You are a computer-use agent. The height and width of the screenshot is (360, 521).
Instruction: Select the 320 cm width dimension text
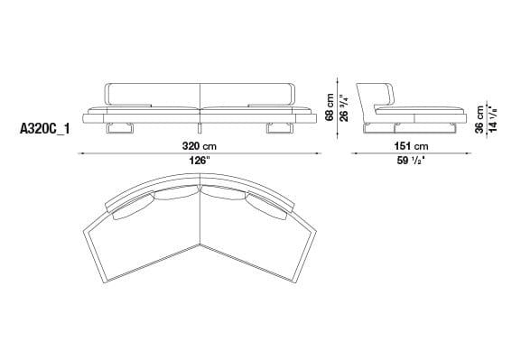coord(199,145)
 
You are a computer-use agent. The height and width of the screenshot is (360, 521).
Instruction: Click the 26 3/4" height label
coord(343,105)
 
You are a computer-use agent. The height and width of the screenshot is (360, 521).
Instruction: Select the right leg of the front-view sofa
coord(279,132)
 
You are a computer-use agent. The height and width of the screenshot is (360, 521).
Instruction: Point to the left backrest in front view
coord(153,94)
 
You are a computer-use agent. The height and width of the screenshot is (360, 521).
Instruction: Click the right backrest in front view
coord(246,94)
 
